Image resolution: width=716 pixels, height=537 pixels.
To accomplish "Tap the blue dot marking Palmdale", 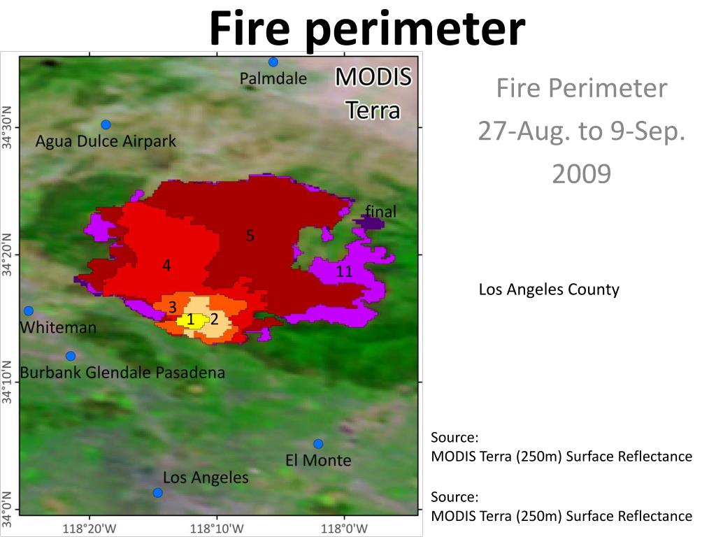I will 273,62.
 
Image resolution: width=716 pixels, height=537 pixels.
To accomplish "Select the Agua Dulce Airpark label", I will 106,141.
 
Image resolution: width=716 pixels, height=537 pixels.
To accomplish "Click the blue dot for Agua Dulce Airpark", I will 106,124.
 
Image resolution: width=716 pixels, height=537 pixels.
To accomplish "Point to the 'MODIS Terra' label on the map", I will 373,94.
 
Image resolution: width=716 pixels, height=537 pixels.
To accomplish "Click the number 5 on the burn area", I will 250,236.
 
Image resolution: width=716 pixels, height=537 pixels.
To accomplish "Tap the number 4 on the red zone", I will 166,266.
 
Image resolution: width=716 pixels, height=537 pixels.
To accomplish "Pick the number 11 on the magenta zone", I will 343,271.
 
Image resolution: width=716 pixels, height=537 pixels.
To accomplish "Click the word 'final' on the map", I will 380,211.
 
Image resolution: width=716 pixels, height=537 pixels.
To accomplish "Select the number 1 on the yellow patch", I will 190,320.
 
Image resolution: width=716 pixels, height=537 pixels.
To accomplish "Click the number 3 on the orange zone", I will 172,307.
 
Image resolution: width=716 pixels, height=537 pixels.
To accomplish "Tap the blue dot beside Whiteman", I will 29,311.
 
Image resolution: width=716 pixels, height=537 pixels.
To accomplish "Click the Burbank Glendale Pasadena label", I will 122,372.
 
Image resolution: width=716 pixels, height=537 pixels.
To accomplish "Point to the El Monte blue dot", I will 318,444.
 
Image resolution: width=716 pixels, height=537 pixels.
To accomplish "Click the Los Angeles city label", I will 206,478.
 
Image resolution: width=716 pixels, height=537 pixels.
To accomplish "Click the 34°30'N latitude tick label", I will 8,128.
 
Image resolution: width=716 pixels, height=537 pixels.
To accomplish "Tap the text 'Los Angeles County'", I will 549,289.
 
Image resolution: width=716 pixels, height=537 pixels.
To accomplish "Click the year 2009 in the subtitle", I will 581,173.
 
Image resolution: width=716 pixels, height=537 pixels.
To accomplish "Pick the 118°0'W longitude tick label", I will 344,529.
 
